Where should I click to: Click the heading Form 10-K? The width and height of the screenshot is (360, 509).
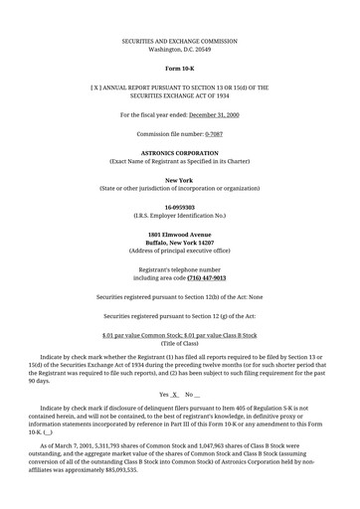(180, 67)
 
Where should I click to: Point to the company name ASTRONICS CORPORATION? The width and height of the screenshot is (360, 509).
(180, 153)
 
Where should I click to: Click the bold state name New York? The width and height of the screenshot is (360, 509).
(180, 180)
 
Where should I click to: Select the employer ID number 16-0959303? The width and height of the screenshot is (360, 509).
(180, 207)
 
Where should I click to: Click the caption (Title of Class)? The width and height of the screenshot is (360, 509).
(180, 344)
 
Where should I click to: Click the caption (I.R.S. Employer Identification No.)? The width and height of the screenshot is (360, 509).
(180, 216)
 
